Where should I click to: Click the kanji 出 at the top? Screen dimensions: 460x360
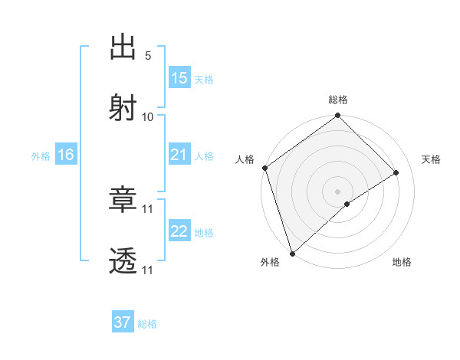tap(123, 47)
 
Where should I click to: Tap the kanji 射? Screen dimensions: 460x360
tap(123, 107)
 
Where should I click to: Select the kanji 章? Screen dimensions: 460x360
tap(123, 200)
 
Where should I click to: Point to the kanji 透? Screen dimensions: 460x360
tap(123, 261)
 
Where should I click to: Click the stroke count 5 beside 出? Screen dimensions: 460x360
tap(148, 55)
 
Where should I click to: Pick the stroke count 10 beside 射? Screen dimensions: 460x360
tap(148, 116)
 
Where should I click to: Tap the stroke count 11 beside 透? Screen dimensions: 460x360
tap(148, 270)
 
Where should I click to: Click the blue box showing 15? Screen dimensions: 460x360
tap(179, 78)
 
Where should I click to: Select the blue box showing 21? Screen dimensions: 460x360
tap(179, 155)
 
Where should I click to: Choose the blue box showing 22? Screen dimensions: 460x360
tap(179, 231)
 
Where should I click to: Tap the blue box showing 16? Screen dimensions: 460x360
tap(65, 155)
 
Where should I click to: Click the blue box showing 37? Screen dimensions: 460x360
tap(123, 322)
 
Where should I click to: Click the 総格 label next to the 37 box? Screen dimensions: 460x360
tap(147, 324)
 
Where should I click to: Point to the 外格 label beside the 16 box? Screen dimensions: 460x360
tap(41, 155)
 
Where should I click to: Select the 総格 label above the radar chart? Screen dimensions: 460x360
tap(338, 100)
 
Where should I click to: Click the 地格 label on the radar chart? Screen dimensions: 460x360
tap(402, 263)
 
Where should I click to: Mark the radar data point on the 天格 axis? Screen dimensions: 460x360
tap(396, 172)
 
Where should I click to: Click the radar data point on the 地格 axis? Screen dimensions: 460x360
tap(347, 204)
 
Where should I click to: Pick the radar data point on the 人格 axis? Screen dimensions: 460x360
tap(264, 168)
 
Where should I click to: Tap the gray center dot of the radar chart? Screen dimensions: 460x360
tap(338, 191)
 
